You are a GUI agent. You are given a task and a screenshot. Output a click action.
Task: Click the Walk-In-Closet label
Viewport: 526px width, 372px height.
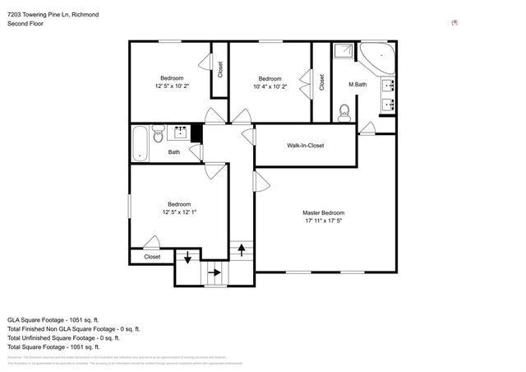point(305,146)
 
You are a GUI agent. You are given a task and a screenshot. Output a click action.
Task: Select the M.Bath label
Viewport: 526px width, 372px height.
point(357,85)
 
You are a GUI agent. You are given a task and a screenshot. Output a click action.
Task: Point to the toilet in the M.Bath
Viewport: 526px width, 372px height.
point(345,113)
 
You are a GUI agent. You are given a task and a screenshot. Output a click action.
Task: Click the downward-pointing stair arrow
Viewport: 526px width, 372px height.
point(187,258)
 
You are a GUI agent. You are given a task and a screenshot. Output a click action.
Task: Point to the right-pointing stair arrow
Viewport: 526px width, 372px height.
point(215,272)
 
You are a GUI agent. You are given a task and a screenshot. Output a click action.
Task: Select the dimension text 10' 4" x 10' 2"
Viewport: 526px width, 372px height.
point(270,86)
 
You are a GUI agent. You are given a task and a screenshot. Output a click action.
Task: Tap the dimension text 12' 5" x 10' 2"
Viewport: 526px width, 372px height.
point(172,86)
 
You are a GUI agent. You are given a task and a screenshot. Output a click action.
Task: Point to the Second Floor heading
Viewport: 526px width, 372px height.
point(25,25)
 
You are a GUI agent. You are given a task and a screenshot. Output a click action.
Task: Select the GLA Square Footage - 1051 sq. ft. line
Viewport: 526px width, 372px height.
point(53,319)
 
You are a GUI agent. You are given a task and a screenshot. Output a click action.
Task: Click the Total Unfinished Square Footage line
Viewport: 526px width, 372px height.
point(63,337)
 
